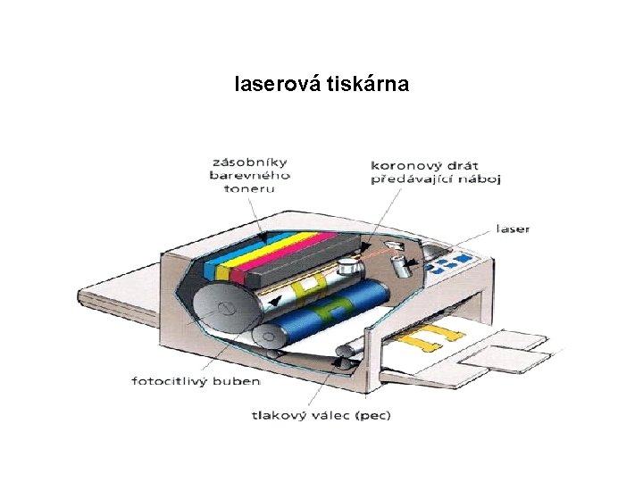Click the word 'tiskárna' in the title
(368, 85)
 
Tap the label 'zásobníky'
(249, 163)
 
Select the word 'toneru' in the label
(249, 188)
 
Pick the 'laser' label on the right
(513, 229)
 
